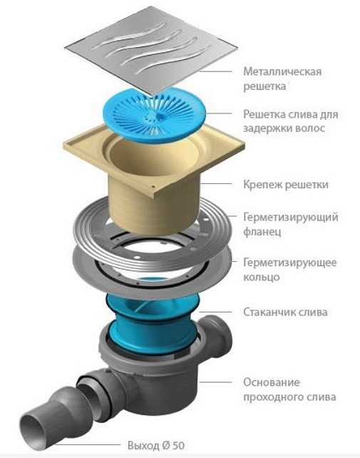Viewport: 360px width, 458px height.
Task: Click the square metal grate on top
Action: point(150,50)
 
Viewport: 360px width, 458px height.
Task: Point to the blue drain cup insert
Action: point(153,324)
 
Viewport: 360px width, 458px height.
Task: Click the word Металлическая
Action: point(282,71)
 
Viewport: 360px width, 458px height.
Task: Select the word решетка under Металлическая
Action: point(264,86)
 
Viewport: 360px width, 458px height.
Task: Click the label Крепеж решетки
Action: point(286,185)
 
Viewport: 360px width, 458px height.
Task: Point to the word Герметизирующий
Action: point(291,218)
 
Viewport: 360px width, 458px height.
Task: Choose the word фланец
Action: point(262,232)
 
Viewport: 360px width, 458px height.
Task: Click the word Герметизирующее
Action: point(290,263)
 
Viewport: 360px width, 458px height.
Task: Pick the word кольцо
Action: point(262,277)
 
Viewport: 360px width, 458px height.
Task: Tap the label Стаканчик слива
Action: point(285,312)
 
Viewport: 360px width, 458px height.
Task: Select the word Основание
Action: point(272,382)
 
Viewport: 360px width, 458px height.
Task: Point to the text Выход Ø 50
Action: point(156,446)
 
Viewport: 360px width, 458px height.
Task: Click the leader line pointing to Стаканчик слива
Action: point(216,312)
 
